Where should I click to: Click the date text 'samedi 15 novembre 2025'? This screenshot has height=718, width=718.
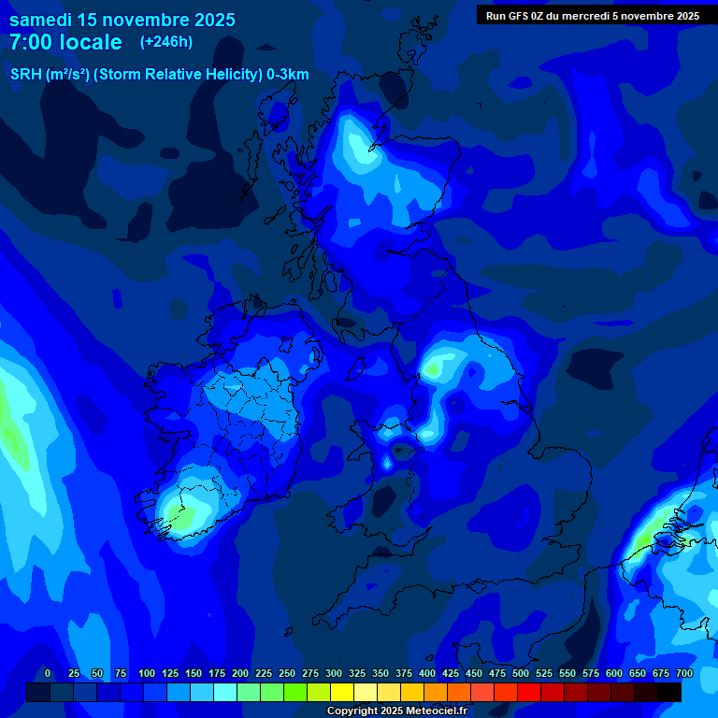coord(122,20)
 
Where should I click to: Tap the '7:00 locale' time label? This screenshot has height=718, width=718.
coord(65,42)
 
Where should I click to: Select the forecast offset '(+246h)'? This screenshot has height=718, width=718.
coord(166,42)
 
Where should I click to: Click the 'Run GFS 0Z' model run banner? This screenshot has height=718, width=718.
coord(593,16)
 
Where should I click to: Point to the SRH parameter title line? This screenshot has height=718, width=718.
coord(159,75)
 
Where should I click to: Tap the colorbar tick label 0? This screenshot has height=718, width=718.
coord(48,674)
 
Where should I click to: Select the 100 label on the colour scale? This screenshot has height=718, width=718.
coord(147,674)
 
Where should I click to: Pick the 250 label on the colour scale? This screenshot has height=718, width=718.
coord(287,674)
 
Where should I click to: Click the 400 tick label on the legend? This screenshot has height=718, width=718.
coord(427,674)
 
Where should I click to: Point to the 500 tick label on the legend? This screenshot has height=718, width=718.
coord(521,674)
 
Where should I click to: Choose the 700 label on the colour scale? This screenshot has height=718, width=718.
coord(684,674)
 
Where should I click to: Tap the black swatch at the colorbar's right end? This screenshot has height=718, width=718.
coord(669,693)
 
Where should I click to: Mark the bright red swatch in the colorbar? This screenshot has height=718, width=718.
coord(529,693)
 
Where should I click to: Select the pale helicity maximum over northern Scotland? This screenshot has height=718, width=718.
coord(360,145)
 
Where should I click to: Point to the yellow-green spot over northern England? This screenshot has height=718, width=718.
coord(432,368)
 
